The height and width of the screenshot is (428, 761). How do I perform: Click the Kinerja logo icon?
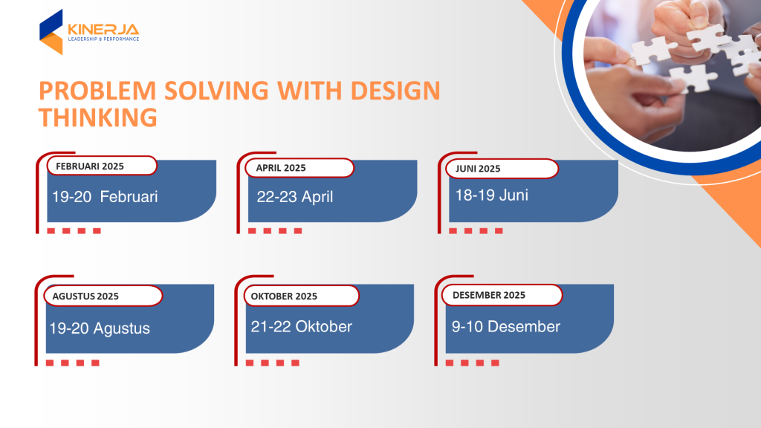pos(51,32)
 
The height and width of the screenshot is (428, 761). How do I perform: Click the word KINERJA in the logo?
pos(103,30)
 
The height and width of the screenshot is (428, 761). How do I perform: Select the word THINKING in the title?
pos(98,117)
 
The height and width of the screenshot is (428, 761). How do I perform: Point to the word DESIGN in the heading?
pos(395,91)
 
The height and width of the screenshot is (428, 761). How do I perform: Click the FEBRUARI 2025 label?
pos(90,166)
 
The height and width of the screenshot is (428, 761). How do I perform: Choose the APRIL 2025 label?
pos(281,168)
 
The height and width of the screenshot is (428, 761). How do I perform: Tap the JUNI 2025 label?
pos(478,169)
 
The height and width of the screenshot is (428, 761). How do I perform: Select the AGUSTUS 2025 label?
pos(85,296)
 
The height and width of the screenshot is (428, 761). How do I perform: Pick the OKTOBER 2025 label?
pos(284,296)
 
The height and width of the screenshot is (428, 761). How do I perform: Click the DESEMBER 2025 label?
pos(489,295)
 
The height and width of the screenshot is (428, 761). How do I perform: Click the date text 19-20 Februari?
pos(105,196)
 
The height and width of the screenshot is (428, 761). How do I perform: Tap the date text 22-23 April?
pos(294,196)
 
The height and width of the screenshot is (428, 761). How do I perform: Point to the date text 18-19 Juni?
pos(492,195)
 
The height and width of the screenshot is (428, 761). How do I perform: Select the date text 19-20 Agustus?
pos(100,328)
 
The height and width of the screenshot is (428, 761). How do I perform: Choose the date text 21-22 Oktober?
pos(301,327)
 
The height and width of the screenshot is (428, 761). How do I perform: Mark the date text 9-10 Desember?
pos(505,327)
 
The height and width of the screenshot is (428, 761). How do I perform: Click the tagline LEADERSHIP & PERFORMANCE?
pos(103,39)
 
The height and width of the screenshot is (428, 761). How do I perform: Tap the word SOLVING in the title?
pos(216,91)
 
